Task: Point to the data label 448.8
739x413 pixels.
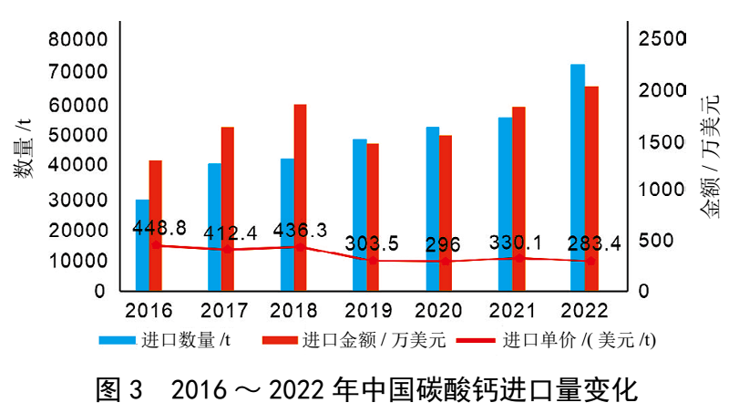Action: click(159, 226)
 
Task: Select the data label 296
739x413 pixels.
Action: click(442, 245)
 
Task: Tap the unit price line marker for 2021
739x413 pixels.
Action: click(518, 258)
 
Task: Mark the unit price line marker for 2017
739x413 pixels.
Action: click(228, 249)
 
